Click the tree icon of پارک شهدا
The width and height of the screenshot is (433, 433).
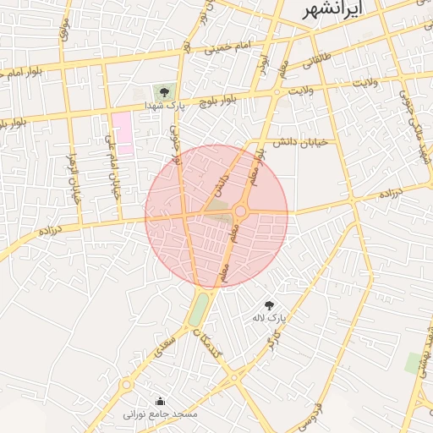point(163,91)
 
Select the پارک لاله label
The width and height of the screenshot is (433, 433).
point(269,318)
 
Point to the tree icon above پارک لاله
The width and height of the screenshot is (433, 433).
point(270,304)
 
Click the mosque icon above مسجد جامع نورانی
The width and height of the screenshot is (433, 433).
point(161,401)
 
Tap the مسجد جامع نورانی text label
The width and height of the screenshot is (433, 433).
point(161,414)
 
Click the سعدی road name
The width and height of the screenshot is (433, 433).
point(163,348)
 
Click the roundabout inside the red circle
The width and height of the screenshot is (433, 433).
point(240,211)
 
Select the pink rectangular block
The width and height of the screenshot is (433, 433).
point(123,133)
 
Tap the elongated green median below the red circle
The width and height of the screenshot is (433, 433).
point(197,308)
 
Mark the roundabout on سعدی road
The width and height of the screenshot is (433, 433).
point(127,385)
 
